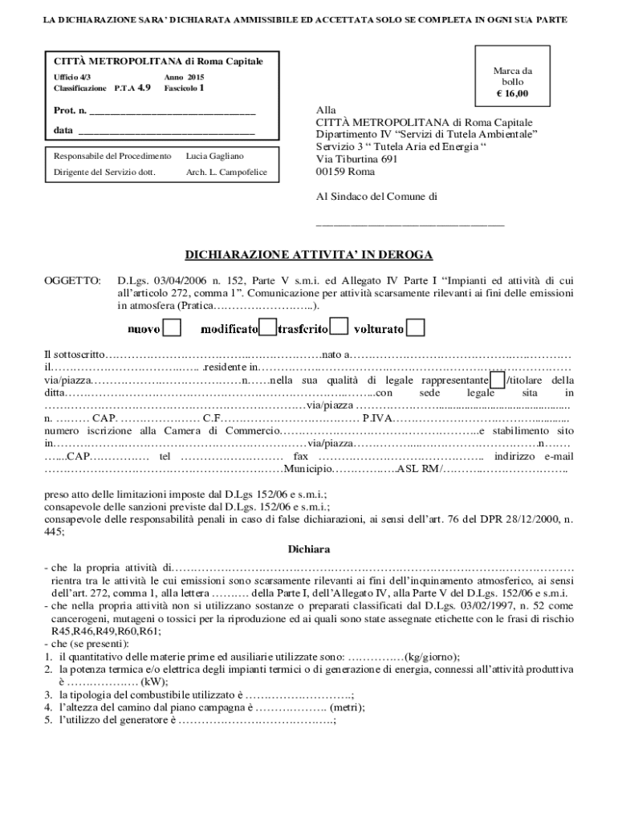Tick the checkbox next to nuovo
[x=172, y=328]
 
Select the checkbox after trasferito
[x=339, y=328]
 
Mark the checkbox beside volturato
[x=416, y=328]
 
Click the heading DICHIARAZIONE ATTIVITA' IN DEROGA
[x=309, y=255]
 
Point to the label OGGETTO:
[x=72, y=281]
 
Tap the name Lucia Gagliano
[x=214, y=156]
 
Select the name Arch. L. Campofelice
[x=227, y=172]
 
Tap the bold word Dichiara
[x=309, y=550]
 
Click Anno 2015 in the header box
[x=184, y=76]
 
